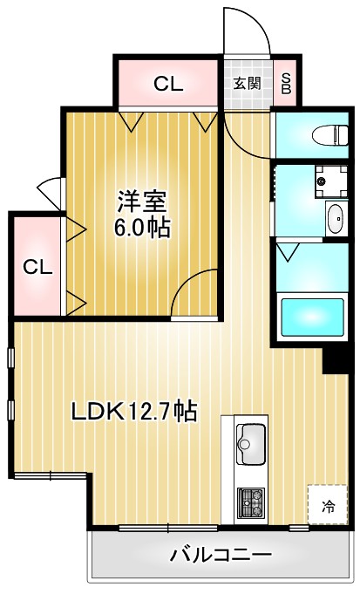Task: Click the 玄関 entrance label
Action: pyautogui.click(x=247, y=84)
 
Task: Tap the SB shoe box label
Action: pyautogui.click(x=286, y=84)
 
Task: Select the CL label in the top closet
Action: pyautogui.click(x=168, y=84)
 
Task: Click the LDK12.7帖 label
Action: pyautogui.click(x=133, y=410)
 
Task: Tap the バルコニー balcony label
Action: pyautogui.click(x=221, y=555)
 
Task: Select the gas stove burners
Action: pyautogui.click(x=253, y=502)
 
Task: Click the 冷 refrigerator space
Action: pyautogui.click(x=328, y=505)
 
